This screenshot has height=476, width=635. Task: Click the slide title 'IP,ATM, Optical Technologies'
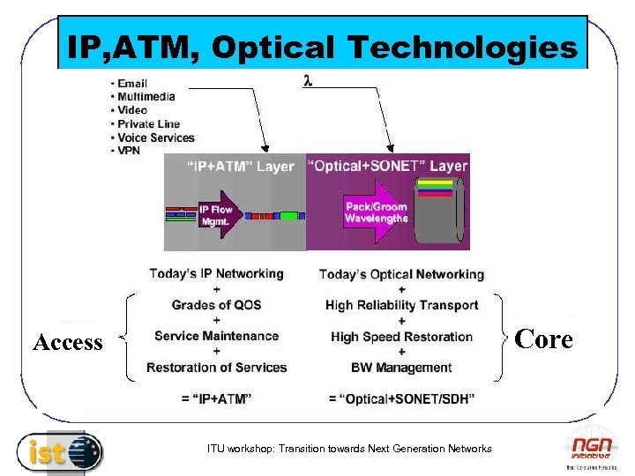coord(322,47)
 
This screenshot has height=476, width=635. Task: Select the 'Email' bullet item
coord(131,84)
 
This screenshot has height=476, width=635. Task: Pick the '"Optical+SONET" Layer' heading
coord(388,166)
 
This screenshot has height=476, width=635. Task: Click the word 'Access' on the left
coord(68,342)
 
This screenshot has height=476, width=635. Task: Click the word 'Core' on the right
coord(543,339)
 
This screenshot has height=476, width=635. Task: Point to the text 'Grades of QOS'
coord(217,305)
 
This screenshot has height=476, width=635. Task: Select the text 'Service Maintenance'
coord(216,336)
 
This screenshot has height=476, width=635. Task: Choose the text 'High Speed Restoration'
coord(401,337)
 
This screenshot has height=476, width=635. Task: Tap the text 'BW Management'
coord(401,368)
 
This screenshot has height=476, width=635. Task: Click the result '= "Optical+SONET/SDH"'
coord(401,399)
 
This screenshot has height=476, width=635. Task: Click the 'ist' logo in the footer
coord(59,453)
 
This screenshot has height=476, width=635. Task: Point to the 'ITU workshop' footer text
coord(349,449)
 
